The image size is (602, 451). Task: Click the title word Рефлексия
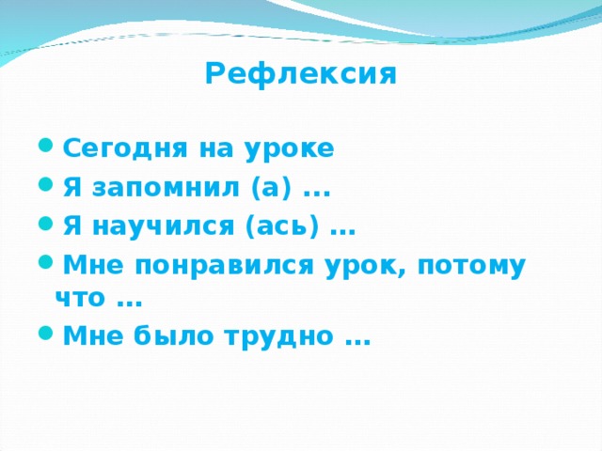pyautogui.click(x=300, y=74)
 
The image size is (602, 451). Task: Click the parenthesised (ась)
pyautogui.click(x=284, y=227)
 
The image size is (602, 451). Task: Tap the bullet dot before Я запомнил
pyautogui.click(x=47, y=189)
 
